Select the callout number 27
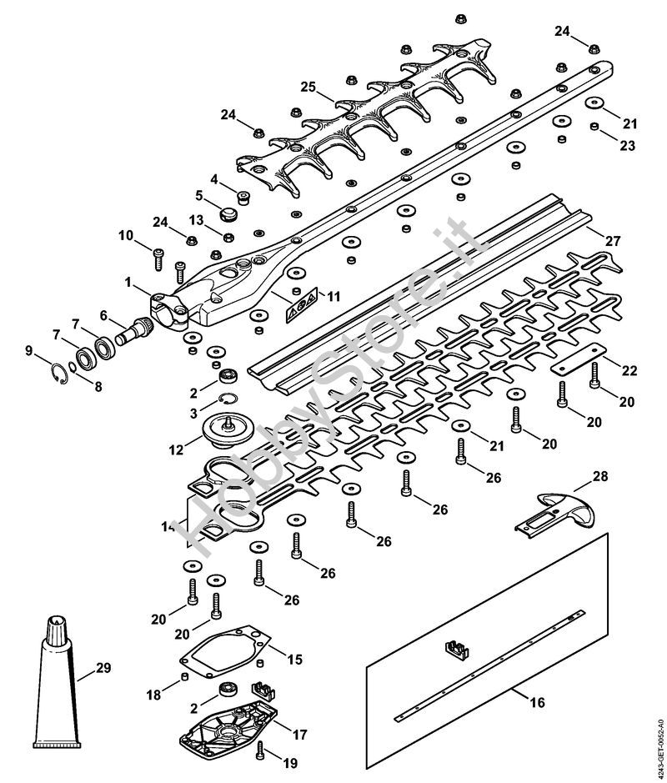(614, 241)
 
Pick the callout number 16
(537, 703)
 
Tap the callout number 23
(627, 146)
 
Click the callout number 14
(168, 527)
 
